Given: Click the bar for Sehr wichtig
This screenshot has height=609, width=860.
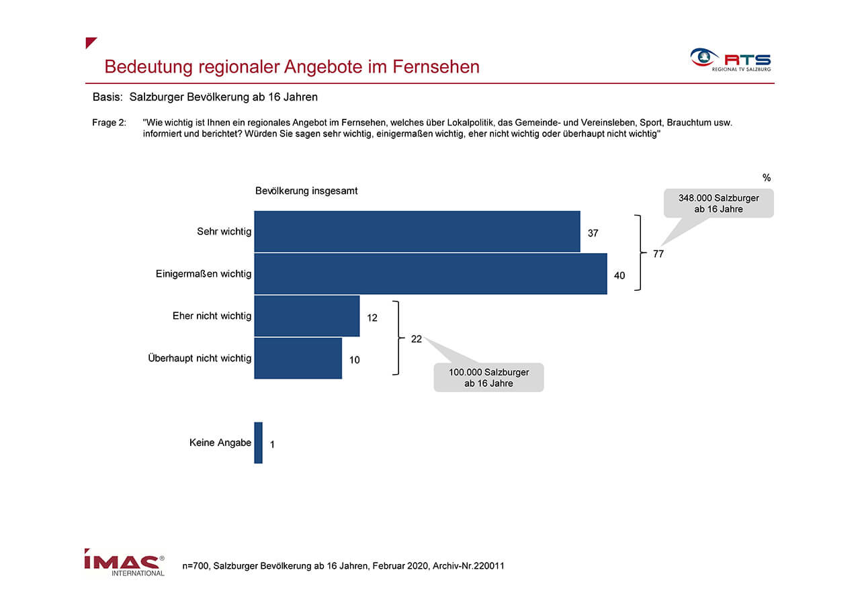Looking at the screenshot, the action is (x=417, y=232).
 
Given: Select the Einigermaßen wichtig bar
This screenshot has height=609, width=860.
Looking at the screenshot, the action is (x=431, y=273).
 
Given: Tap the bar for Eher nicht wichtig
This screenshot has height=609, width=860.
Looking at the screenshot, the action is (x=307, y=316).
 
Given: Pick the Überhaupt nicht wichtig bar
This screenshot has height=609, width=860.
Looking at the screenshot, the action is (x=298, y=358).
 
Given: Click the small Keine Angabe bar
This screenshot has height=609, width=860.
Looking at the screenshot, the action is (x=259, y=443).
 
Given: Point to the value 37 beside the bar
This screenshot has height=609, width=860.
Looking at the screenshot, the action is (x=593, y=233).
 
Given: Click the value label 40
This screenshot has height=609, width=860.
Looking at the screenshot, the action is (x=619, y=275).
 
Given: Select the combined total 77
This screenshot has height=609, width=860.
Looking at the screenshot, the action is (x=658, y=254).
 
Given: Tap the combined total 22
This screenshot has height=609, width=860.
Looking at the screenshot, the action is (x=416, y=339).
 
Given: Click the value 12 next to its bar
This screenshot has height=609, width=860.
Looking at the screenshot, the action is (x=372, y=318).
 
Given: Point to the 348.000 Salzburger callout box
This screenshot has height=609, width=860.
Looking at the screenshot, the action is (x=719, y=203).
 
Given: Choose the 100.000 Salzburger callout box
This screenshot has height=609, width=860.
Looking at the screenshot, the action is (x=488, y=377).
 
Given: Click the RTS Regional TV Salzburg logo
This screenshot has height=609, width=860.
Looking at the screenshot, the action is (x=730, y=60).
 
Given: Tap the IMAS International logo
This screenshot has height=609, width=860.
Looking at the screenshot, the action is (x=124, y=562).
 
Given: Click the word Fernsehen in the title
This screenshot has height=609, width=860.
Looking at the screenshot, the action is (x=436, y=66).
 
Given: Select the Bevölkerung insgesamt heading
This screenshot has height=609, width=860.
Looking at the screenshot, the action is (x=306, y=191).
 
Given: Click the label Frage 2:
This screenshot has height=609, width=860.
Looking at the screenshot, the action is (x=109, y=122).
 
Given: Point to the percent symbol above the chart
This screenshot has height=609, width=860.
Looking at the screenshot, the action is (x=767, y=177).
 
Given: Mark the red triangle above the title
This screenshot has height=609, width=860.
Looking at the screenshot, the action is (x=89, y=42).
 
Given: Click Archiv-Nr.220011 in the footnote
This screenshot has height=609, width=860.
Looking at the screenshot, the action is (x=468, y=565).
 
